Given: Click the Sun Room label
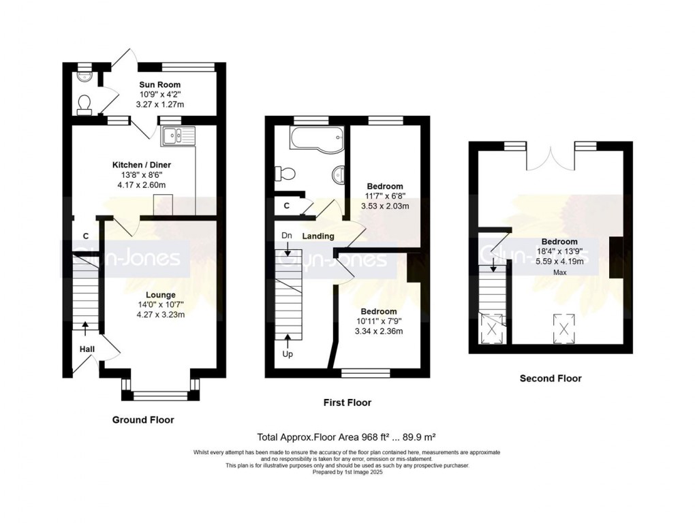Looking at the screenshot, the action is click(159, 84).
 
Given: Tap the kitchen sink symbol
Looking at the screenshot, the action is click(179, 136).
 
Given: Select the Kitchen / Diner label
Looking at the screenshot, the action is click(142, 165).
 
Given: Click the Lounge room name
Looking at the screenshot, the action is click(161, 295).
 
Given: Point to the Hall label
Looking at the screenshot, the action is click(87, 349).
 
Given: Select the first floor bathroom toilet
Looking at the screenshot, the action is click(285, 173).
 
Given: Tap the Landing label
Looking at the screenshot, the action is click(318, 236).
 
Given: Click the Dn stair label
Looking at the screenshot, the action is click(287, 236).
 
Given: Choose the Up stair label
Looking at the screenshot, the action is click(288, 354).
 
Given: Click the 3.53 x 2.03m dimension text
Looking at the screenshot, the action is click(385, 206).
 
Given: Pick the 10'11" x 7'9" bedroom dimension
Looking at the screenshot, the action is click(379, 321).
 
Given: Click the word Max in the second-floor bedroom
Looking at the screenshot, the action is click(560, 272).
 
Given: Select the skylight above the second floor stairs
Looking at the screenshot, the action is click(491, 329).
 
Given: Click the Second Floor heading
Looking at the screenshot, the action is click(551, 378).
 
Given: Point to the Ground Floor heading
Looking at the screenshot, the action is click(142, 419).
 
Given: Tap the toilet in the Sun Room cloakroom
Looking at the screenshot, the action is click(84, 104).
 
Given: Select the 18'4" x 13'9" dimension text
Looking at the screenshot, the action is click(559, 251).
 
